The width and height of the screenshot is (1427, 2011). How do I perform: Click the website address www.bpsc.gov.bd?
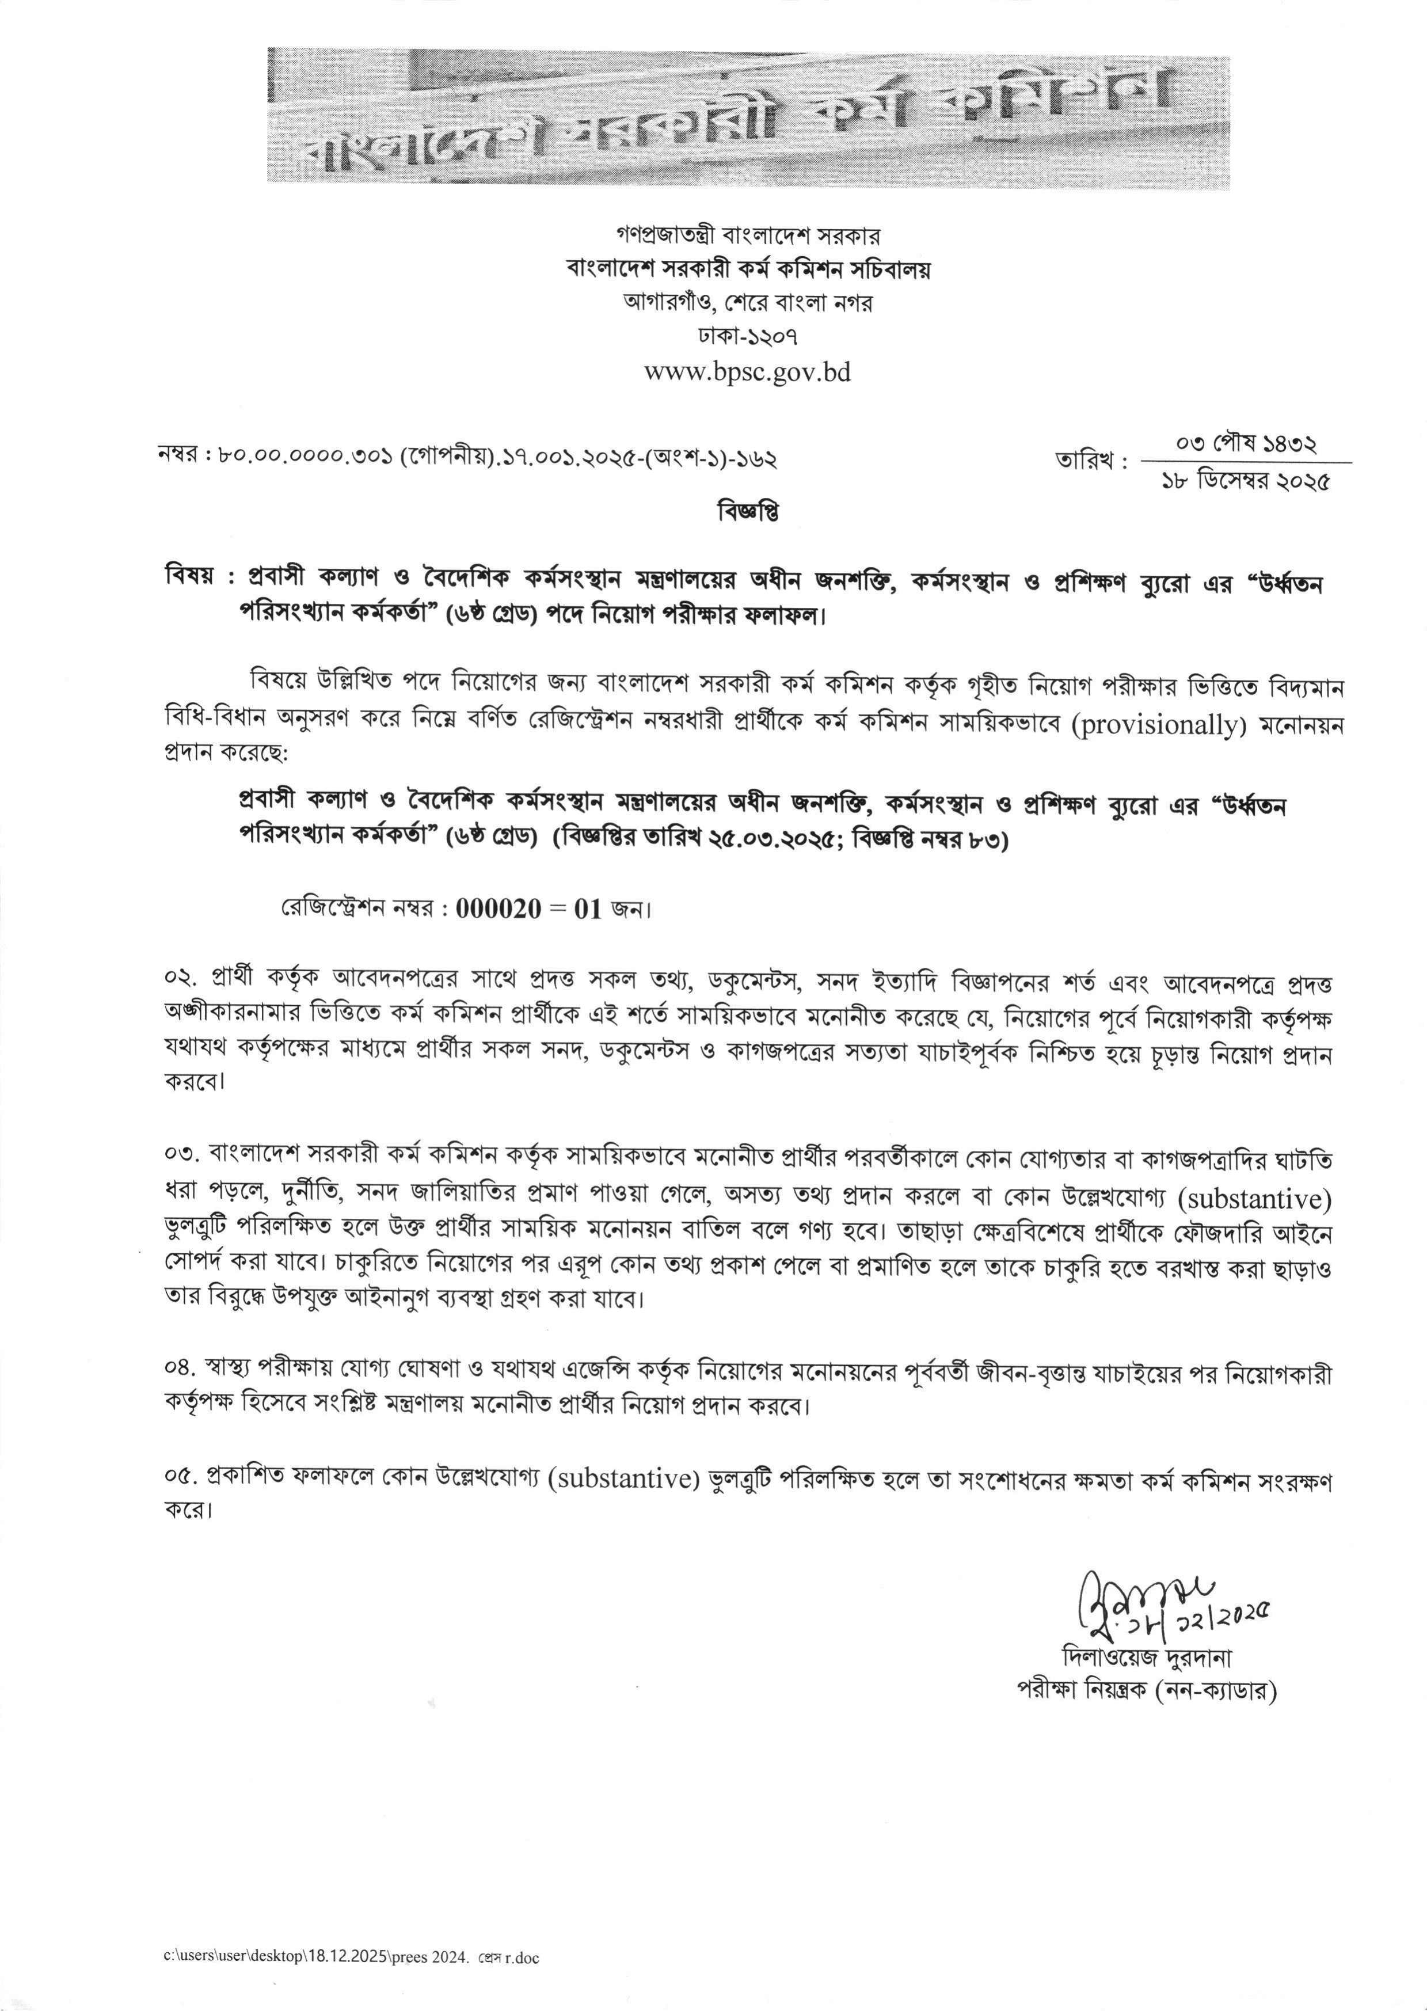click(748, 372)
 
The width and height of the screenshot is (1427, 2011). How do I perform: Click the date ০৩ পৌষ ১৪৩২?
click(1246, 444)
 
